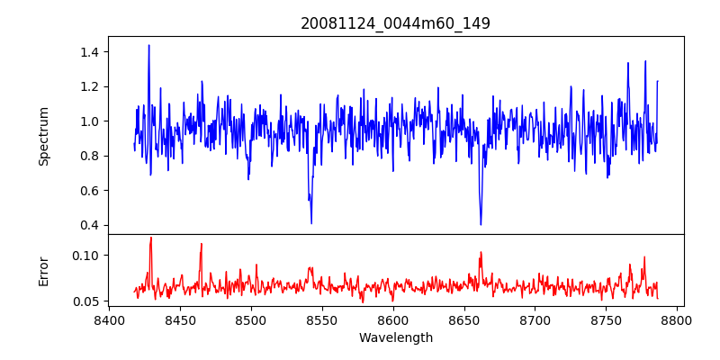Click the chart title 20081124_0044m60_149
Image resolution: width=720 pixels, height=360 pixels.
[x=395, y=23]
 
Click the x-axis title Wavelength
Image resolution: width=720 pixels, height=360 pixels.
[x=395, y=337]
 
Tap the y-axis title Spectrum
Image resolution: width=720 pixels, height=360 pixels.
[x=43, y=136]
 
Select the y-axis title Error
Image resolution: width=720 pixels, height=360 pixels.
[x=43, y=271]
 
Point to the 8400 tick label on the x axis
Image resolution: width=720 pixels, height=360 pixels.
[x=109, y=319]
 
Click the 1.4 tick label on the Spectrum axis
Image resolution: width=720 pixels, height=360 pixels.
[x=90, y=52]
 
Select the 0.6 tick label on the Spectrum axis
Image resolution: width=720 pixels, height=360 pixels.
[x=90, y=191]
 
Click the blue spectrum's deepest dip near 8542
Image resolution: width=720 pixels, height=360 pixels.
[x=311, y=223]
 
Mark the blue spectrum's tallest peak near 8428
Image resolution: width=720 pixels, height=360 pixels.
[x=148, y=45]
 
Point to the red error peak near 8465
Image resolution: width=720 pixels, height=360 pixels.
[x=202, y=244]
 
